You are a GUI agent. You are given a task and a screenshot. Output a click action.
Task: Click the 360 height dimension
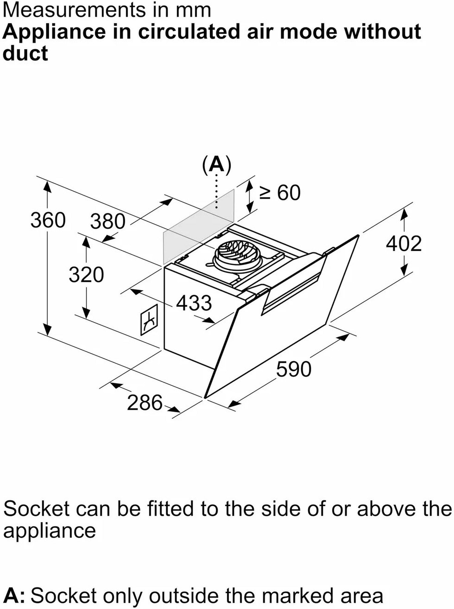point(48,220)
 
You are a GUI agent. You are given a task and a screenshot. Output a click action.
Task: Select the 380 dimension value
point(107,221)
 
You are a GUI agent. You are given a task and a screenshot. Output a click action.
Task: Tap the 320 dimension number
point(86,275)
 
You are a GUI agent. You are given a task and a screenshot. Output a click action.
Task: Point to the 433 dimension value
point(194,303)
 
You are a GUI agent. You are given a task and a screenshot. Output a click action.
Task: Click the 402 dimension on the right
point(404,243)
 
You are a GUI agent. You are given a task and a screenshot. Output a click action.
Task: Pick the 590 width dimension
point(294,369)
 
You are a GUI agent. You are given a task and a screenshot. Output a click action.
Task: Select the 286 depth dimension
point(145,403)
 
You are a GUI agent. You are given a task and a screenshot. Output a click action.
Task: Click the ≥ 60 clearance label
point(280,193)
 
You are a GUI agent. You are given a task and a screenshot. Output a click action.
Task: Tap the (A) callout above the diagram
point(217,164)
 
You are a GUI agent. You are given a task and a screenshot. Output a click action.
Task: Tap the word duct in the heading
point(25,54)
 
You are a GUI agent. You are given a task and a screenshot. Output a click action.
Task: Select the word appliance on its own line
point(49,530)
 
